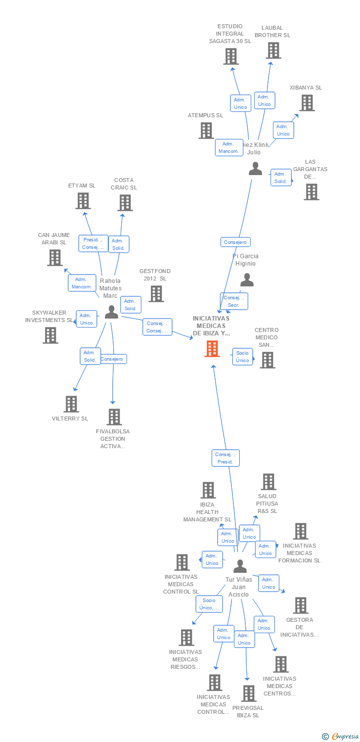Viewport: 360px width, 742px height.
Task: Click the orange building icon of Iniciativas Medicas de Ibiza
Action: click(212, 349)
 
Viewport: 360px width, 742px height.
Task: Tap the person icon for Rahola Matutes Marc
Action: click(112, 312)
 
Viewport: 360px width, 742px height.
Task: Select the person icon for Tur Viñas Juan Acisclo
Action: click(240, 566)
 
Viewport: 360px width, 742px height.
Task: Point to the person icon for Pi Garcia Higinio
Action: click(247, 280)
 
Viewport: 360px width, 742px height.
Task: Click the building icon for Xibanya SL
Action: click(307, 103)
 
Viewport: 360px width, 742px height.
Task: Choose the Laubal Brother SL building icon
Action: click(273, 50)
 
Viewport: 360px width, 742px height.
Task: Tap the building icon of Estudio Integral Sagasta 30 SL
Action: click(231, 56)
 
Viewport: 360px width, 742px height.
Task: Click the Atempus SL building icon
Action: click(206, 131)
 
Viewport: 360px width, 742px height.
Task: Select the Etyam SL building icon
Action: click(83, 201)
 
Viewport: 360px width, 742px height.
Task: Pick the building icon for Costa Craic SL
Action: click(125, 203)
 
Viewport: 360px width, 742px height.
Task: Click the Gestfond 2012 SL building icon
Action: click(156, 294)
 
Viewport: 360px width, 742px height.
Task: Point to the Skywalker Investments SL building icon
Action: click(50, 335)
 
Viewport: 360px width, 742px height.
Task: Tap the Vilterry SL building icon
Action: click(71, 404)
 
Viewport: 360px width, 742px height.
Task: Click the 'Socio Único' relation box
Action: click(242, 357)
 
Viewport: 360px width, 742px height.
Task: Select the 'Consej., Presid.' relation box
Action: click(225, 458)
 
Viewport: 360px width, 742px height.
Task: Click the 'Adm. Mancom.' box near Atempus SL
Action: click(228, 147)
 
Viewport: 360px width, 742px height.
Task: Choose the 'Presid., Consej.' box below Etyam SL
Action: click(93, 243)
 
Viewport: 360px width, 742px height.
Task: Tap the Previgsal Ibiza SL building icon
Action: click(249, 694)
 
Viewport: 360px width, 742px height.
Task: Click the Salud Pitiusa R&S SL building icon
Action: click(269, 482)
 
